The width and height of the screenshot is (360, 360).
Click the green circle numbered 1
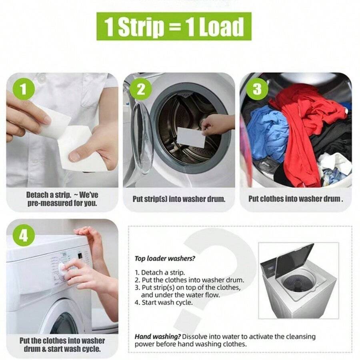23,89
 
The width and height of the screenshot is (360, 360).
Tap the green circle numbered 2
141,89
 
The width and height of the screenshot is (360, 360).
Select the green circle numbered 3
257,89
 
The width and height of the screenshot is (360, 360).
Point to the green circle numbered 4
23,235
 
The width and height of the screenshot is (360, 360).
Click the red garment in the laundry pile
308,128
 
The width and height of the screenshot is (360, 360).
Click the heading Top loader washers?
165,258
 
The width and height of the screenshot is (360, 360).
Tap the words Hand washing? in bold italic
158,337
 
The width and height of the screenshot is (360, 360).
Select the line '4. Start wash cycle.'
164,302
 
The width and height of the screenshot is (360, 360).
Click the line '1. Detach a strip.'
160,272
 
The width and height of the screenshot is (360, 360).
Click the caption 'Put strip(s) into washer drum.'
179,199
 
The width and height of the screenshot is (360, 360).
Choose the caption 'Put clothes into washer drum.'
296,199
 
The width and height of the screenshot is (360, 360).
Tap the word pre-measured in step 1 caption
50,203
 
